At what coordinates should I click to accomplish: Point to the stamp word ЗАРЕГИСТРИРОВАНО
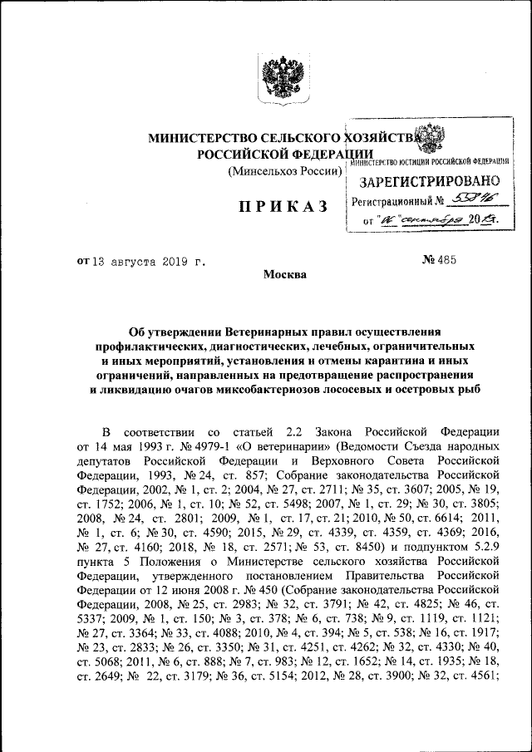pos(430,181)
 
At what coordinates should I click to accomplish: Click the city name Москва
pos(285,275)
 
